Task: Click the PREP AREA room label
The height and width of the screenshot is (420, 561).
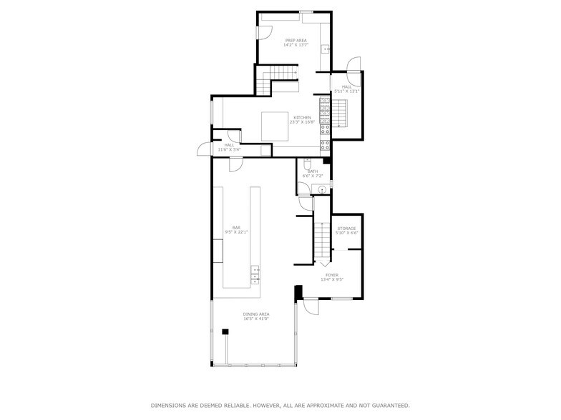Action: pos(296,43)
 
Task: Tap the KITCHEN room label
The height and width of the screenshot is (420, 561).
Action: pos(301,119)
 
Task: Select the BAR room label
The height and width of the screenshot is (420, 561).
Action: pos(236,230)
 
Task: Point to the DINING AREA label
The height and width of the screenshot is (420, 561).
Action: pos(255,316)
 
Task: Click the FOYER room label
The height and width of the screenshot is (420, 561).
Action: pos(332,277)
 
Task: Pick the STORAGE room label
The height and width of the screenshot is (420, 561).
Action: pos(346,231)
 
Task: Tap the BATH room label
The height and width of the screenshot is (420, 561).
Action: pos(313,174)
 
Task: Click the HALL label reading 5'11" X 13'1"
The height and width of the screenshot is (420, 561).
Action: pos(346,89)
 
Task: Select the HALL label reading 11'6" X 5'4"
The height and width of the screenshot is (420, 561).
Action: pos(229,147)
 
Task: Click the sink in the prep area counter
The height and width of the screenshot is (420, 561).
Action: pos(325,49)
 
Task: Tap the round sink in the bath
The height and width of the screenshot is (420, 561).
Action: pos(322,189)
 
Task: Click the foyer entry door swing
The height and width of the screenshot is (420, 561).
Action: pos(311,305)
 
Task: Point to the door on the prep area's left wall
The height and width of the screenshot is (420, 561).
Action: pos(263,32)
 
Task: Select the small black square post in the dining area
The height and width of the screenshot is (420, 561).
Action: pos(225,331)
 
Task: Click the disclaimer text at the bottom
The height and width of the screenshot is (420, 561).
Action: pos(280,405)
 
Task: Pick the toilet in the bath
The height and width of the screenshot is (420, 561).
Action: pos(306,163)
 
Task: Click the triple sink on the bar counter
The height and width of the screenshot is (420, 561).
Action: pos(254,274)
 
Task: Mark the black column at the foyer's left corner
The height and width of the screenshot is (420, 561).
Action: pos(298,291)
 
